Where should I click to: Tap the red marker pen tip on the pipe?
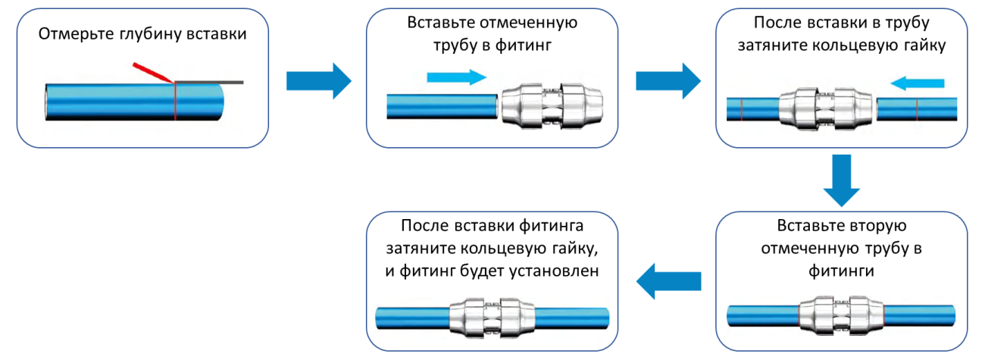pyautogui.click(x=170, y=80)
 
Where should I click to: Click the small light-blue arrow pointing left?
pyautogui.click(x=918, y=82)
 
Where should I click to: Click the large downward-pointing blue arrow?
pyautogui.click(x=842, y=180)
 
